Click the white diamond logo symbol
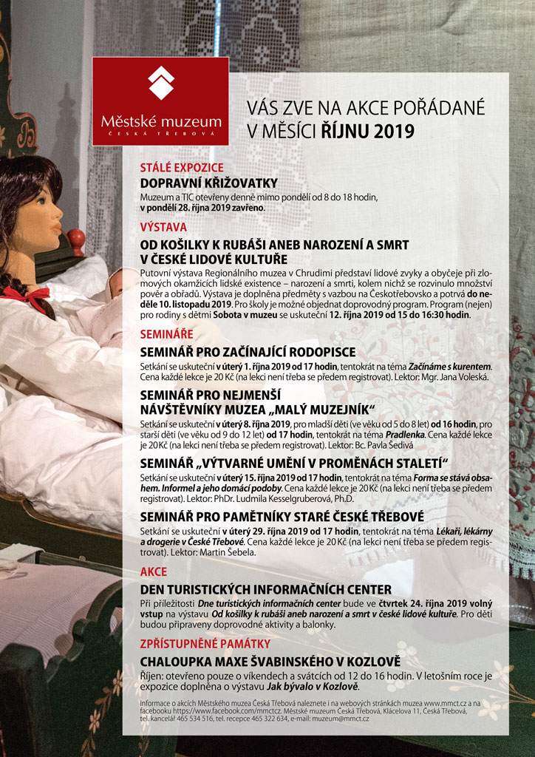click(x=160, y=82)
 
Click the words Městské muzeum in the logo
click(x=160, y=120)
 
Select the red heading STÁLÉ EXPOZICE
click(x=182, y=168)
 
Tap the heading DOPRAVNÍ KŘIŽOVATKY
click(x=209, y=183)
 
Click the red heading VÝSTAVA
click(x=163, y=228)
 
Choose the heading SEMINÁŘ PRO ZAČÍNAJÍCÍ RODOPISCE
click(x=248, y=351)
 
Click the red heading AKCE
click(x=154, y=571)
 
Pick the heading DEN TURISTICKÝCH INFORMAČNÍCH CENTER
click(x=266, y=589)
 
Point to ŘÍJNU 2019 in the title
click(x=367, y=132)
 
